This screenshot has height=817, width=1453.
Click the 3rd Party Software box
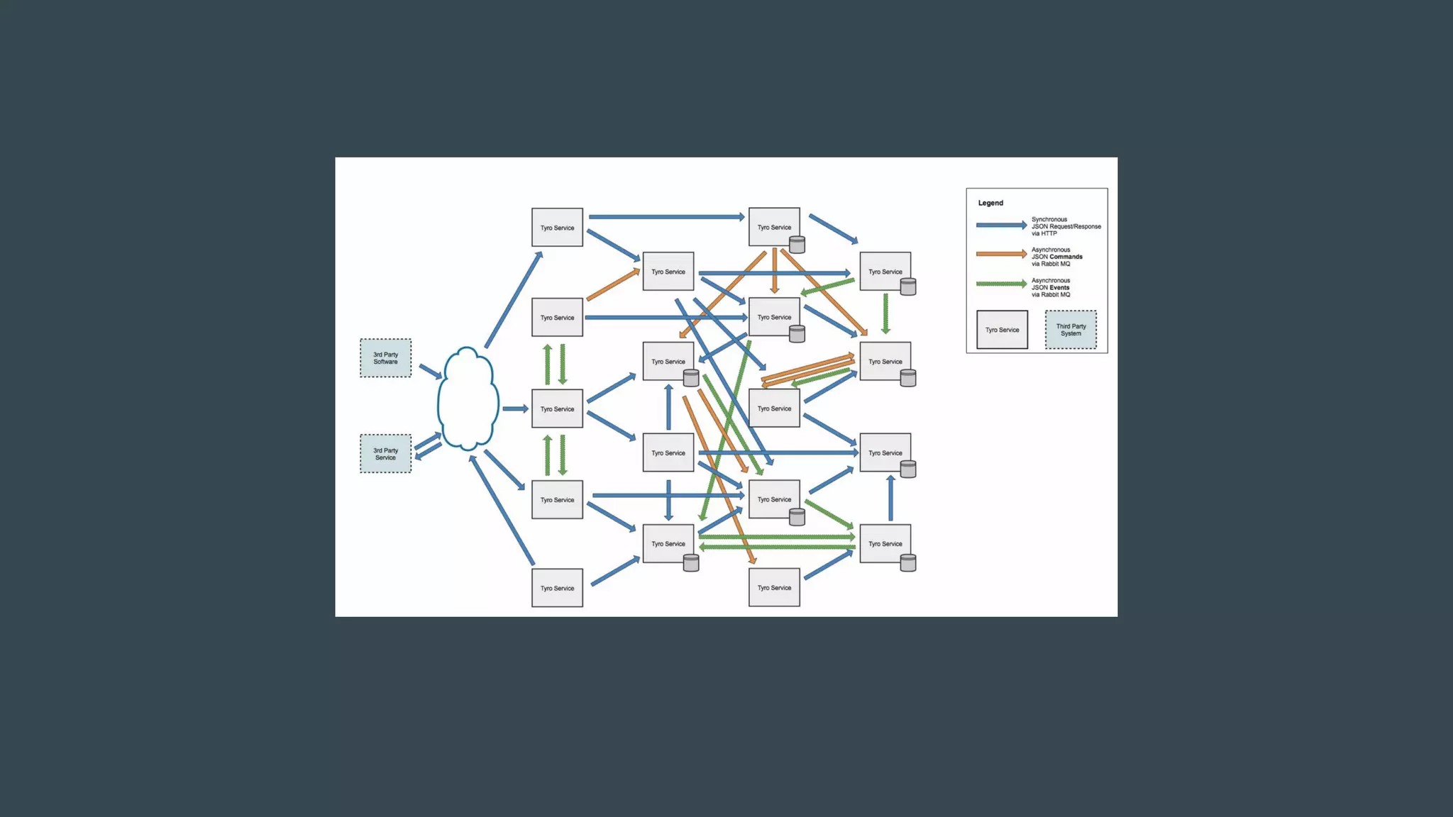[385, 358]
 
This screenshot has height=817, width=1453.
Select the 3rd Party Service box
[385, 454]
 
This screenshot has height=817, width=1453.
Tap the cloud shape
[468, 399]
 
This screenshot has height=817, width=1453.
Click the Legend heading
[990, 203]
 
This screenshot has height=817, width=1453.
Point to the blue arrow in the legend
[1001, 226]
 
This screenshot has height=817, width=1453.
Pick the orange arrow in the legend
[1001, 254]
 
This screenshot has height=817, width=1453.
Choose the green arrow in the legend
[1001, 284]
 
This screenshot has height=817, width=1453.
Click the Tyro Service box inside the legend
[1002, 330]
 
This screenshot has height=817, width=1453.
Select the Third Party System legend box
[1071, 330]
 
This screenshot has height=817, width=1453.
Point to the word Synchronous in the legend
[1049, 219]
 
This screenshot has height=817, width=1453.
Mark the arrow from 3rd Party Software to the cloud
[430, 371]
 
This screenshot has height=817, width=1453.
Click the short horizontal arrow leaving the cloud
[515, 408]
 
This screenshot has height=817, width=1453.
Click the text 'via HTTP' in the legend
[1044, 233]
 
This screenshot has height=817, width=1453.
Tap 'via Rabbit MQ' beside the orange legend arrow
[1051, 264]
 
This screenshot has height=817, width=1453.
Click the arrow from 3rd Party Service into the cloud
[427, 441]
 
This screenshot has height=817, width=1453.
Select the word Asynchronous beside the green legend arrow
[1051, 280]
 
